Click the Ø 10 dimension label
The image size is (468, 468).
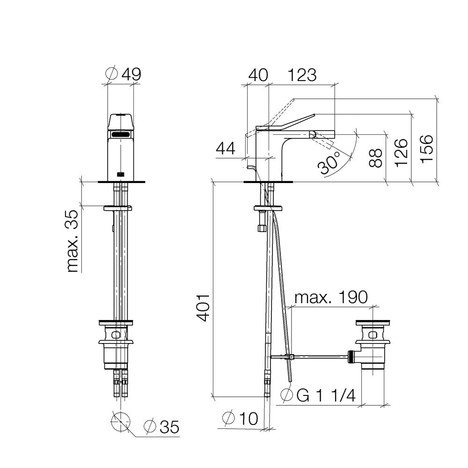point(240,418)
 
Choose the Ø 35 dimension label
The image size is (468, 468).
point(161,426)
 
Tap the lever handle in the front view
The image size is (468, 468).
point(121,122)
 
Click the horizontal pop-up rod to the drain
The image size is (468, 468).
point(318,357)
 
